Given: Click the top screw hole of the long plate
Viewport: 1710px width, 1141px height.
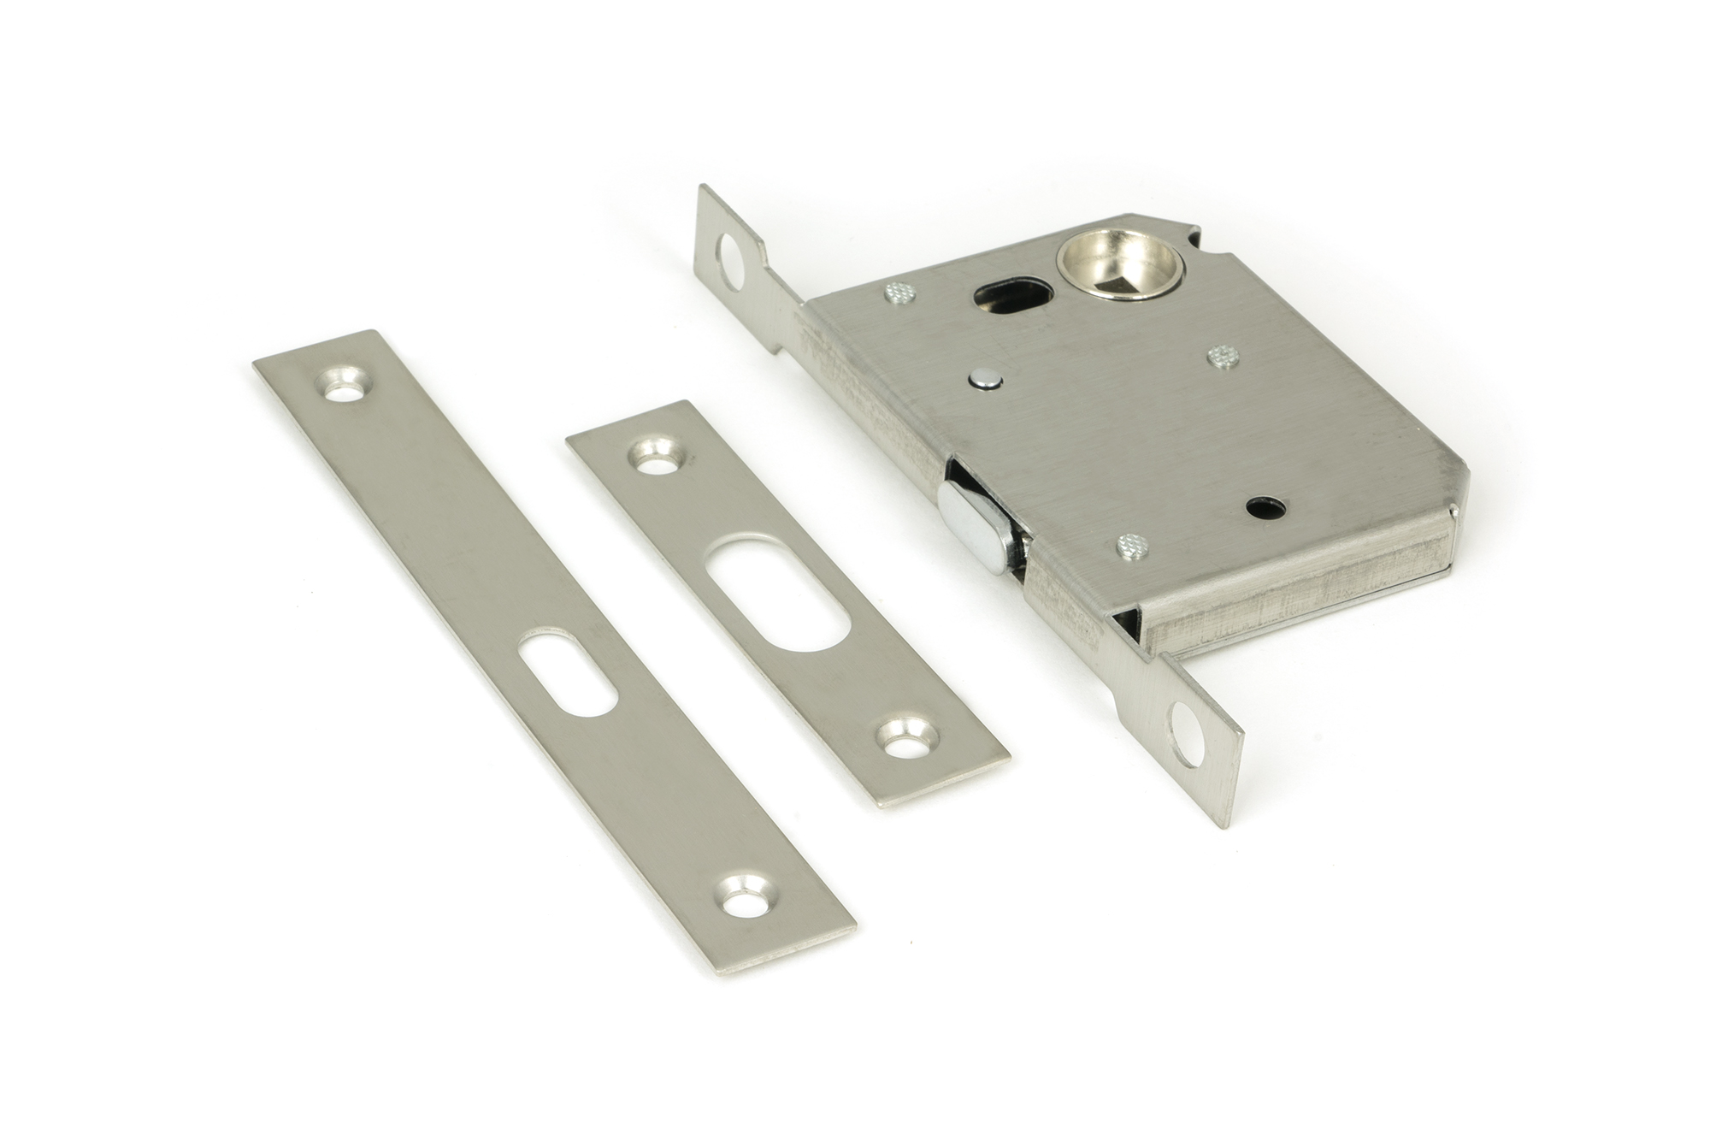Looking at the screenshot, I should (x=345, y=386).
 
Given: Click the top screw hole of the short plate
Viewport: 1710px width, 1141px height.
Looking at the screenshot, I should (x=657, y=457).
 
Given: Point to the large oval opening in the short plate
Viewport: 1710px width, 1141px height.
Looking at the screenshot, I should (x=777, y=593).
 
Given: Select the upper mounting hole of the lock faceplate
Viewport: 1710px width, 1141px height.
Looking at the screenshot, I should (x=732, y=260).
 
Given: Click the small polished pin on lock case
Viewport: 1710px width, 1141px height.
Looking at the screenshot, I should (x=985, y=379).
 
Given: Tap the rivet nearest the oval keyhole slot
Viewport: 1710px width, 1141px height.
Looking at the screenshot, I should (x=901, y=293).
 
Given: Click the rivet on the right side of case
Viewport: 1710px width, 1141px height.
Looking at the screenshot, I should (x=1223, y=356).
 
